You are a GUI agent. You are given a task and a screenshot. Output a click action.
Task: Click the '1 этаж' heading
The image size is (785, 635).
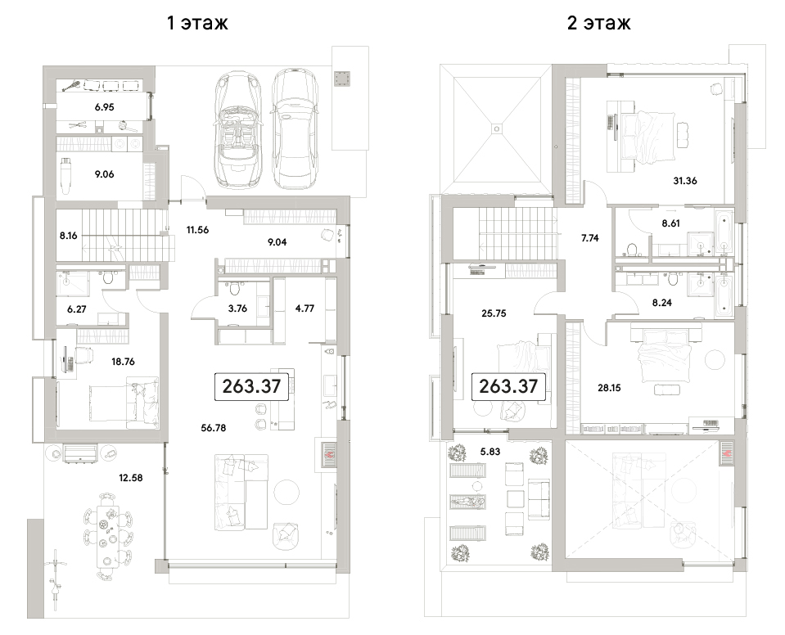197,23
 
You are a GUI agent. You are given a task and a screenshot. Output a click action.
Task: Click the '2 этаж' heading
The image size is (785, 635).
598,23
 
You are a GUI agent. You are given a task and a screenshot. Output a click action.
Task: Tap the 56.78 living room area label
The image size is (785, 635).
214,428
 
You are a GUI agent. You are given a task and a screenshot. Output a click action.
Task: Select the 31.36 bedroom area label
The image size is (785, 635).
685,181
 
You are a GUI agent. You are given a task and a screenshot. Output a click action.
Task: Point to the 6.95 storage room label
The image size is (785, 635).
104,106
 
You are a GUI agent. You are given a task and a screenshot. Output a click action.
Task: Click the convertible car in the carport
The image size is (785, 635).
238,128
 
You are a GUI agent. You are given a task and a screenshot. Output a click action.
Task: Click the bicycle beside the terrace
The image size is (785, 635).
55,576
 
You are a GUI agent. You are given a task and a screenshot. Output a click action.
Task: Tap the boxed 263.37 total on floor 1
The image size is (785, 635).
251,386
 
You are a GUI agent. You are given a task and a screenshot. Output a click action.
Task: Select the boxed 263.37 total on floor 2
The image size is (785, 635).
508,386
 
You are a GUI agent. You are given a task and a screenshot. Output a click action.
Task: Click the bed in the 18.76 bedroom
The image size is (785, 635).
124,403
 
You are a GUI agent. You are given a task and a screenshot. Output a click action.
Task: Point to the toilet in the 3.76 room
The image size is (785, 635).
233,288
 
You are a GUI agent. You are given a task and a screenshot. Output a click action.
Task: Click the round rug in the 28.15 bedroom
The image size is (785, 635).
715,360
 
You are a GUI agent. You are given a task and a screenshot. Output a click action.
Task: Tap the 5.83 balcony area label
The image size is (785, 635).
490,452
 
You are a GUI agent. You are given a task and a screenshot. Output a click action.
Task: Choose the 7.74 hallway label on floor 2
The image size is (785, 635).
589,238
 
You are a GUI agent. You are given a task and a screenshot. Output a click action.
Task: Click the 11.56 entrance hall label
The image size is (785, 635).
197,230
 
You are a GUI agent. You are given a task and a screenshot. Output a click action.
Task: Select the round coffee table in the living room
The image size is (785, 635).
286,493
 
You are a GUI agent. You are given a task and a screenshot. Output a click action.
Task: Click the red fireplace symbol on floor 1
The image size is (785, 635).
329,455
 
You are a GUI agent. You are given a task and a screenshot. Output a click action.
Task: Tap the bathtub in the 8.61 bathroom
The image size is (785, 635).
724,232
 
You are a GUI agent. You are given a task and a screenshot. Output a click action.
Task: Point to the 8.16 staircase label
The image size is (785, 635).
68,235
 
